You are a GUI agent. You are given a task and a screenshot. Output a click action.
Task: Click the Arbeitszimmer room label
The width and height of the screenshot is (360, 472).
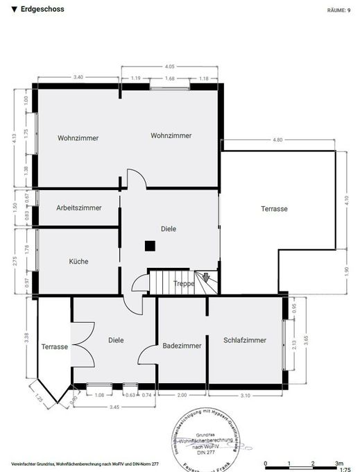coord(79,208)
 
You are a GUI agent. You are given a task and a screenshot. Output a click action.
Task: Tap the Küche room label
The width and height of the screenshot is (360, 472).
coord(78,261)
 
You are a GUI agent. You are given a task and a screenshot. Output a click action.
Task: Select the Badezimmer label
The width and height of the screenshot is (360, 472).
coord(182,345)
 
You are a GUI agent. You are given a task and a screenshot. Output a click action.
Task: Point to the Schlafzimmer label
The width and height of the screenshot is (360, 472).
coord(245,340)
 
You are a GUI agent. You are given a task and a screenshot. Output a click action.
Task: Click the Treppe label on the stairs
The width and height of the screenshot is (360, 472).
coord(184,284)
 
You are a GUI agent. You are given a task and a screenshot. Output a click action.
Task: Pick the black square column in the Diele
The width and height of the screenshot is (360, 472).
coord(149,245)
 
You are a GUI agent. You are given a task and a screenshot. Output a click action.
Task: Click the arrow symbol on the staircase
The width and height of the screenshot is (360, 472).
coord(205,278)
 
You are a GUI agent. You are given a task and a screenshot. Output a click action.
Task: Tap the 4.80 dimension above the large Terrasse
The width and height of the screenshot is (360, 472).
coord(277,140)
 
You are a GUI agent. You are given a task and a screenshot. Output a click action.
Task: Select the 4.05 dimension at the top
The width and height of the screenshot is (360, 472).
coord(169,67)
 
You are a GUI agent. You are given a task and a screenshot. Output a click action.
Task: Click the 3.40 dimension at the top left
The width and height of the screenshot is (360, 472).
coord(78,77)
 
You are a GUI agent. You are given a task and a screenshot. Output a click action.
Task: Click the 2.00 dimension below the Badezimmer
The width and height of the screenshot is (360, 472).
coord(182,395)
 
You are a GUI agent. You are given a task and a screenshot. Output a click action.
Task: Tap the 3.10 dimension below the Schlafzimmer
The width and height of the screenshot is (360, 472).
coord(245,395)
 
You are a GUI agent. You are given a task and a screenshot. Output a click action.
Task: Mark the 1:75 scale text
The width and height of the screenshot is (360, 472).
coord(345,469)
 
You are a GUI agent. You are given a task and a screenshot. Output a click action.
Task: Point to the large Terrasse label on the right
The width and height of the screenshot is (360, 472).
coord(274,208)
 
